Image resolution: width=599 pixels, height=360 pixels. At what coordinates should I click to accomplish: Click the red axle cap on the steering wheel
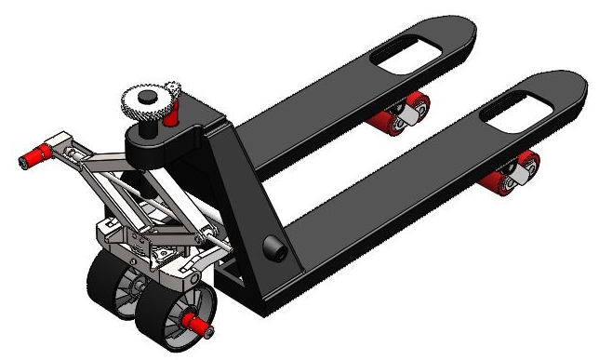coord(197,321)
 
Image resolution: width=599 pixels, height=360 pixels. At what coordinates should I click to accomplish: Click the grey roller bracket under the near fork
coord(521,169)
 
